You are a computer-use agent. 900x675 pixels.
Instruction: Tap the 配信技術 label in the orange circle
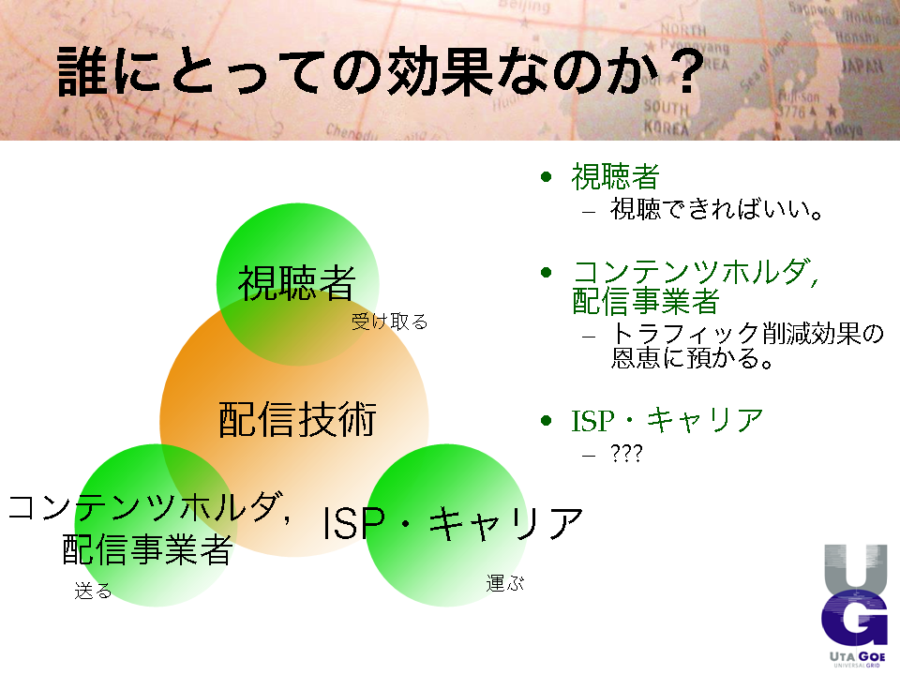(x=297, y=420)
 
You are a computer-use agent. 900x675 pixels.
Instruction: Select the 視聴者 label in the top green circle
(x=297, y=283)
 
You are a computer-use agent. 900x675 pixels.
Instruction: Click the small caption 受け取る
(x=390, y=322)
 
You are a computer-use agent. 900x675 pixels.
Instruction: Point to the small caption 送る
(x=93, y=591)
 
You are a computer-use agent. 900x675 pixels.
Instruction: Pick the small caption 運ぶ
(x=505, y=583)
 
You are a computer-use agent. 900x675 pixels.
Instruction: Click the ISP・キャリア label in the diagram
(x=453, y=523)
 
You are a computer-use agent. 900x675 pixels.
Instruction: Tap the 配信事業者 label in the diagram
(x=147, y=549)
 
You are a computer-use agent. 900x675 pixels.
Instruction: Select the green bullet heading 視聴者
(x=615, y=176)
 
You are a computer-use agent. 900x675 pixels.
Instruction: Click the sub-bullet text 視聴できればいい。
(x=717, y=209)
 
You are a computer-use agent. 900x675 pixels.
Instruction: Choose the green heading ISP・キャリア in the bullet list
(x=667, y=420)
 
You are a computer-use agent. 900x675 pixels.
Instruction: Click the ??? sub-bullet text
(x=626, y=454)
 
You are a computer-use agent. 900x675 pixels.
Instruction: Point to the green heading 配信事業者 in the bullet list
(x=646, y=301)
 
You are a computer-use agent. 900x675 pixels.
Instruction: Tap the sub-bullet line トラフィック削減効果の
(x=747, y=334)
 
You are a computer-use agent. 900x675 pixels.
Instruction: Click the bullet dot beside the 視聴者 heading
(x=546, y=176)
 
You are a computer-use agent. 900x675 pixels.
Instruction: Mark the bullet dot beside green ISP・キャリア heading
(x=546, y=421)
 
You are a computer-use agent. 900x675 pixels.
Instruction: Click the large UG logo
(x=855, y=597)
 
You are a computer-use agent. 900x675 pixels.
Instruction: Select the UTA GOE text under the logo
(x=858, y=656)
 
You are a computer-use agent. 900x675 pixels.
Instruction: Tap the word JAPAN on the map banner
(x=862, y=67)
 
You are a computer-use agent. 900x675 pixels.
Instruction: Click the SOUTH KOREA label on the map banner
(x=666, y=117)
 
